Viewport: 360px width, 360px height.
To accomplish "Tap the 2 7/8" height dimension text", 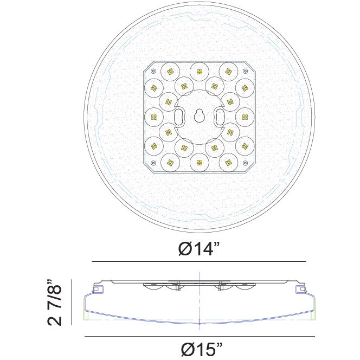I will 54,303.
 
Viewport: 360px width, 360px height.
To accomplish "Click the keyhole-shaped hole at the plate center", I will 199,115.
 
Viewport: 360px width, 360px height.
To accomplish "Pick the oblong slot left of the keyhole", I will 178,115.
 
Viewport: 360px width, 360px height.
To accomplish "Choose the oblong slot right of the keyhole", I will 220,115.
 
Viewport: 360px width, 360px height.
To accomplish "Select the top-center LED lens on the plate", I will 199,70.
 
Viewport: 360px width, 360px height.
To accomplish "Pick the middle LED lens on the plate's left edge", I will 154,115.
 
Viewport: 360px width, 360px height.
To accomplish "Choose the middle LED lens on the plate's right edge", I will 245,115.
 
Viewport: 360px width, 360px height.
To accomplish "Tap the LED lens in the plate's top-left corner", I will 170,70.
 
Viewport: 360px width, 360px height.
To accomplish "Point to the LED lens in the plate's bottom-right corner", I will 229,161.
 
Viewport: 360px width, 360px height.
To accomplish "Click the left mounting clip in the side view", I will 97,290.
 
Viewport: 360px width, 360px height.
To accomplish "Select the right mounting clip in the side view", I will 300,290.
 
